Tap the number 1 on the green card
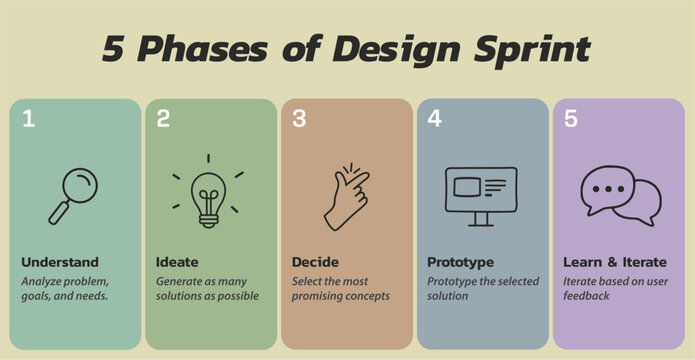coord(29,119)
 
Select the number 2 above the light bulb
coord(163,119)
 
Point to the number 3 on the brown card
coord(299,119)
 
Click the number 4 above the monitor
coord(434,119)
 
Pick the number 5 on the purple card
coord(570,119)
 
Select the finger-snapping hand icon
coord(344,196)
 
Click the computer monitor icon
coord(480,194)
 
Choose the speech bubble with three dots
coord(608,188)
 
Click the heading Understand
coord(60,262)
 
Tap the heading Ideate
coord(177,262)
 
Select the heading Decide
coord(315,262)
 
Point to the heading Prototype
coord(460,262)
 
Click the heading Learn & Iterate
coord(611,262)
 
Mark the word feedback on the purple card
coord(586,296)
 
